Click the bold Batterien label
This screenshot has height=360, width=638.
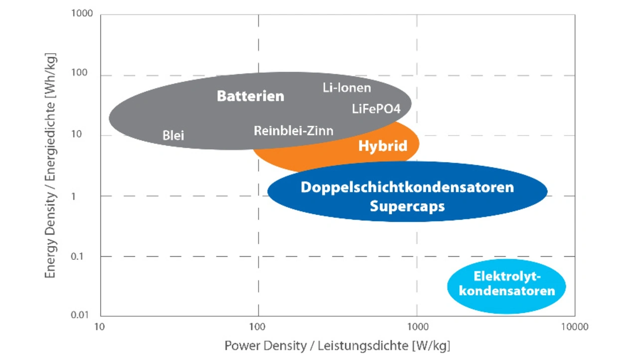click(250, 96)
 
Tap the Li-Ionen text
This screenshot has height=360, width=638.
click(347, 88)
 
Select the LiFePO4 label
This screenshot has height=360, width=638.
click(376, 109)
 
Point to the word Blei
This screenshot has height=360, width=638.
click(173, 135)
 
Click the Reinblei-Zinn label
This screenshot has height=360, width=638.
click(293, 131)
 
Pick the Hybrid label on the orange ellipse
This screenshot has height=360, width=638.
click(382, 146)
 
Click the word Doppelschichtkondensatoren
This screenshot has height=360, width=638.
click(407, 187)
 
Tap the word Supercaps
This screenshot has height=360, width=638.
click(407, 205)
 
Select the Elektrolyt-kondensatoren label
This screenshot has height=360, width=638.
click(507, 283)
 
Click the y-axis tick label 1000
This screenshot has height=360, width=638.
click(83, 13)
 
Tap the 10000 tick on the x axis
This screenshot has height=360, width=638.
click(574, 327)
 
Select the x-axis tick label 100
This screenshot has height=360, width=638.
click(258, 327)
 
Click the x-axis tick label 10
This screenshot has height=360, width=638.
click(100, 327)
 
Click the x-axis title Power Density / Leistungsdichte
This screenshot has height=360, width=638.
click(337, 346)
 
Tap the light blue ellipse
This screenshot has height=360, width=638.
click(507, 305)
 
